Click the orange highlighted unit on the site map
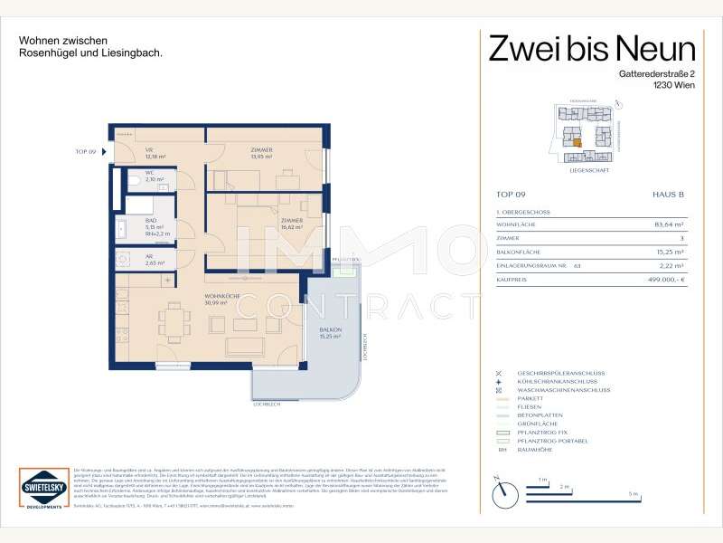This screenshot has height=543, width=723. [575, 141]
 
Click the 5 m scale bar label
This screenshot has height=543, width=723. [634, 494]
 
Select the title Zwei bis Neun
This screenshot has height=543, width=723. [592, 49]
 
